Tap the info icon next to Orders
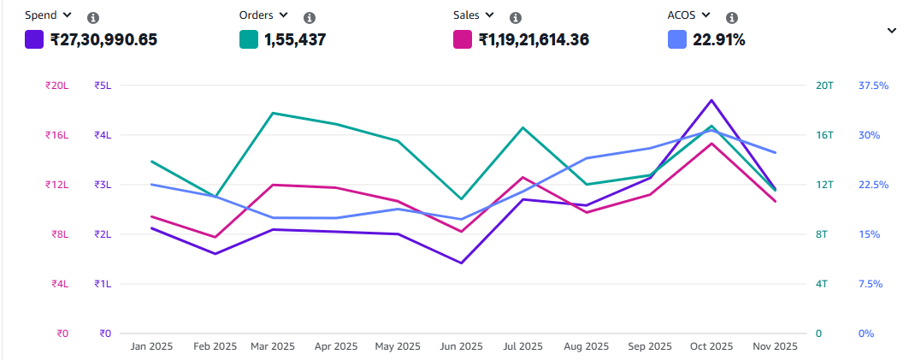[x=310, y=17]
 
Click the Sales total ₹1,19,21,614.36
[x=534, y=39]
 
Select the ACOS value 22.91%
[x=719, y=39]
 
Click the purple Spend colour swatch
[x=34, y=39]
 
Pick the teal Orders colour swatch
[x=249, y=39]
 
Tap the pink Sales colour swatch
[x=463, y=39]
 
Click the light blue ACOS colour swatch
[x=676, y=39]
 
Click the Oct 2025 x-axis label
[x=711, y=346]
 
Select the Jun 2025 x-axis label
[x=461, y=346]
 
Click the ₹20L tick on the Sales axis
[x=57, y=86]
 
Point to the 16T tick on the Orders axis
[x=824, y=135]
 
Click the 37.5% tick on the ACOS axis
[x=873, y=86]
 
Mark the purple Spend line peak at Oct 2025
[x=711, y=100]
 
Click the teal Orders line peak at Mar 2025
[x=272, y=113]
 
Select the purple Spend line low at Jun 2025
[x=462, y=263]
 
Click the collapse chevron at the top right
[x=892, y=30]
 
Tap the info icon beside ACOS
[x=732, y=17]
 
